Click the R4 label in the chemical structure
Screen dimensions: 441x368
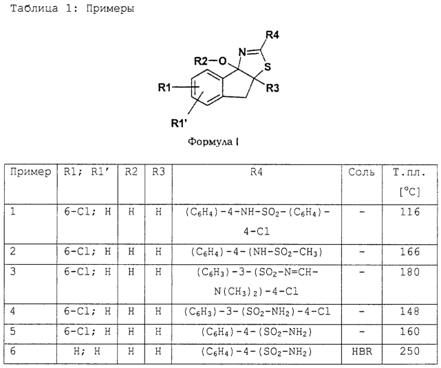point(272,35)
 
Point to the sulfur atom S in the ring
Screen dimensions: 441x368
point(268,67)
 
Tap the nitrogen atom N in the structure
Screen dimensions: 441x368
point(242,52)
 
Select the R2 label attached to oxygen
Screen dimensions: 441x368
point(201,61)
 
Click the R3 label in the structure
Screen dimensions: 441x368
point(272,88)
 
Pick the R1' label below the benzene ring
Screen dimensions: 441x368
point(179,123)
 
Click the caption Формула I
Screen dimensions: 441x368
point(213,141)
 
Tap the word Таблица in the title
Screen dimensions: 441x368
point(34,9)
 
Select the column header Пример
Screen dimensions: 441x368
point(31,171)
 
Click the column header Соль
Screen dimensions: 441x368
point(361,172)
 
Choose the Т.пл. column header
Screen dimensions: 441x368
point(409,172)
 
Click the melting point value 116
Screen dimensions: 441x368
point(410,212)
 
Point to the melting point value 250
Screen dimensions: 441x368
point(410,351)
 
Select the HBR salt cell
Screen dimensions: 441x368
point(362,351)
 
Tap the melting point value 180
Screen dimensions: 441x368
point(410,272)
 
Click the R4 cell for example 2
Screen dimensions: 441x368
point(256,252)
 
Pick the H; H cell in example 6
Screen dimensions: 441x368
point(87,351)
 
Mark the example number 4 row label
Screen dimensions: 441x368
point(12,311)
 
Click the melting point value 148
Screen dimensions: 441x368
point(410,311)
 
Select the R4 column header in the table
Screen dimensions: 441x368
point(257,172)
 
